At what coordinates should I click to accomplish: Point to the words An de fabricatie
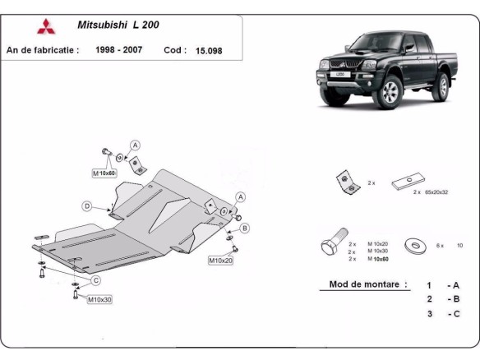[43, 49]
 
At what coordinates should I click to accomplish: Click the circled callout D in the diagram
[86, 205]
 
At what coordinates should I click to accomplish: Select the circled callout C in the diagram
[95, 280]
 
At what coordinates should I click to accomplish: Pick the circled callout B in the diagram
[245, 228]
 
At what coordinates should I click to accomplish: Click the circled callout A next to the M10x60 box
[135, 145]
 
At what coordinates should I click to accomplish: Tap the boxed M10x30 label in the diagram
[99, 299]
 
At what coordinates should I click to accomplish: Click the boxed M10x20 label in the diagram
[219, 261]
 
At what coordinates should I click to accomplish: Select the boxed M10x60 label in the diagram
[105, 173]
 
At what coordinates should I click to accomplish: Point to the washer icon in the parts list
[413, 245]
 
